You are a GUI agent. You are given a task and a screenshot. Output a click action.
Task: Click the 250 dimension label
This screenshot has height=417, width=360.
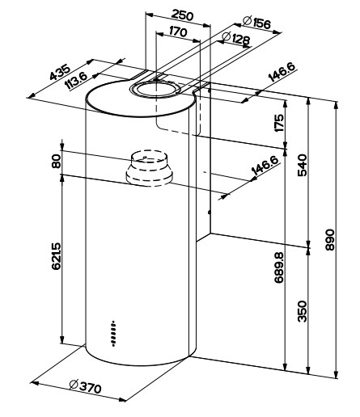click(182, 15)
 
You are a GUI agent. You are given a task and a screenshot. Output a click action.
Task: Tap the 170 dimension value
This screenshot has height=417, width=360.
click(178, 32)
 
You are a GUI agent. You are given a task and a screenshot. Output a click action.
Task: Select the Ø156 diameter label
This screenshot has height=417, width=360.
click(256, 22)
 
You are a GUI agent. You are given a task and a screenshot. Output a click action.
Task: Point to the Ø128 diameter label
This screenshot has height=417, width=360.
click(235, 39)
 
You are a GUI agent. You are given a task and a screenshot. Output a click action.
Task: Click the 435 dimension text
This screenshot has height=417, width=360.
click(60, 73)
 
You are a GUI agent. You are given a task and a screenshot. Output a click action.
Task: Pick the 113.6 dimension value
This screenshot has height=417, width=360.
click(77, 81)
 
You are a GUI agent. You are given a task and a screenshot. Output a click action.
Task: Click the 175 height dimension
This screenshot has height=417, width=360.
click(279, 123)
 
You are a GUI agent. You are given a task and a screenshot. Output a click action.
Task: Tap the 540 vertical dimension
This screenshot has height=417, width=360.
click(302, 165)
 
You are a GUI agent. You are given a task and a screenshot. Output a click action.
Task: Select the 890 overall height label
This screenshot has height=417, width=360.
click(329, 240)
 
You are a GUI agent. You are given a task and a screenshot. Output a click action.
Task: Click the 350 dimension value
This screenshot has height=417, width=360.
click(302, 311)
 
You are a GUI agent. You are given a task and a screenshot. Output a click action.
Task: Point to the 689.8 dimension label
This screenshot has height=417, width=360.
click(279, 267)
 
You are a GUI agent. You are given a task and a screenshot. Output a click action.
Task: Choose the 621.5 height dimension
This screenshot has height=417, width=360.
click(57, 256)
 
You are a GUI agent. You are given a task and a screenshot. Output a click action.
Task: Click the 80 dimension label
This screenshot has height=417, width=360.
click(57, 161)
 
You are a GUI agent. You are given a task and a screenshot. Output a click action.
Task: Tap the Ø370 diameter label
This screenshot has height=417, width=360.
click(85, 387)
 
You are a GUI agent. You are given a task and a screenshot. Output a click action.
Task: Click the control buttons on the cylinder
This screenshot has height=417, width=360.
click(113, 334)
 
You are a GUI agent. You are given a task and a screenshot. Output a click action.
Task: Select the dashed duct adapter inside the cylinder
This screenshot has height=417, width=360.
click(149, 168)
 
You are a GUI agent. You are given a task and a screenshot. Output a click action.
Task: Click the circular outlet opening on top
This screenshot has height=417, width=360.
click(155, 89)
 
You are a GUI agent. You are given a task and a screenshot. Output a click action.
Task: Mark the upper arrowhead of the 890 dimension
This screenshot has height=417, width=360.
click(336, 105)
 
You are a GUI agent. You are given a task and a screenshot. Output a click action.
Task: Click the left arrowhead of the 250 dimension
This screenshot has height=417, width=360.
click(149, 15)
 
